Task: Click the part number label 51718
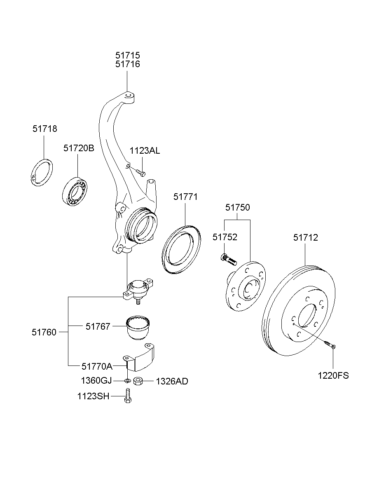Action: [x=45, y=129]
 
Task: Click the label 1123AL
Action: [x=145, y=151]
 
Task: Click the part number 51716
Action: [x=127, y=64]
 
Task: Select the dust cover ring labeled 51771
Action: [x=181, y=249]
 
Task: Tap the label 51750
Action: [x=237, y=207]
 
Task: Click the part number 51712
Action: [x=305, y=238]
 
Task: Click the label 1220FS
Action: [x=333, y=375]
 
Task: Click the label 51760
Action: [x=44, y=332]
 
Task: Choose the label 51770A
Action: [x=96, y=365]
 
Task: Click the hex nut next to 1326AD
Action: [x=139, y=381]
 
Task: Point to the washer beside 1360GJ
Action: [x=127, y=380]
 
